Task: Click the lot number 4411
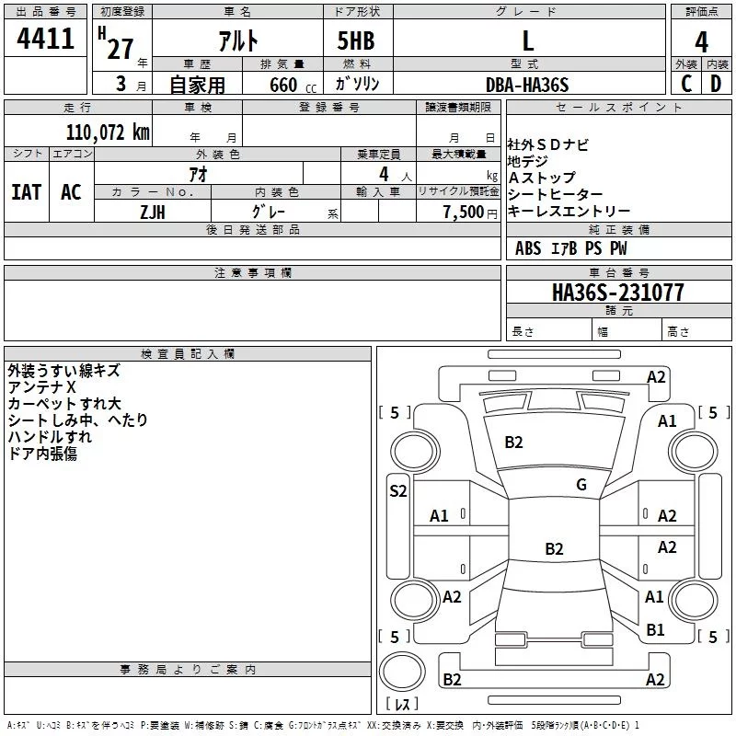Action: [45, 40]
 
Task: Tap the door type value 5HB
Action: [356, 40]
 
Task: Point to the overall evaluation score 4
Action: [701, 41]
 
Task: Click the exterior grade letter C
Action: [686, 84]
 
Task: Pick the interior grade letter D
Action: [716, 84]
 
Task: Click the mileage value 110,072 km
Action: [108, 132]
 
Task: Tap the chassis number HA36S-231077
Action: [617, 293]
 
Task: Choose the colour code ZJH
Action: [153, 211]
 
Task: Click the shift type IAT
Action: [26, 192]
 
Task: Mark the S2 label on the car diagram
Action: [397, 491]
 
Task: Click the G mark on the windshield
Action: [581, 485]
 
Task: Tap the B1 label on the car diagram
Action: [655, 630]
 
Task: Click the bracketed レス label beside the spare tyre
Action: [401, 705]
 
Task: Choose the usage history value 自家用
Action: [197, 85]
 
